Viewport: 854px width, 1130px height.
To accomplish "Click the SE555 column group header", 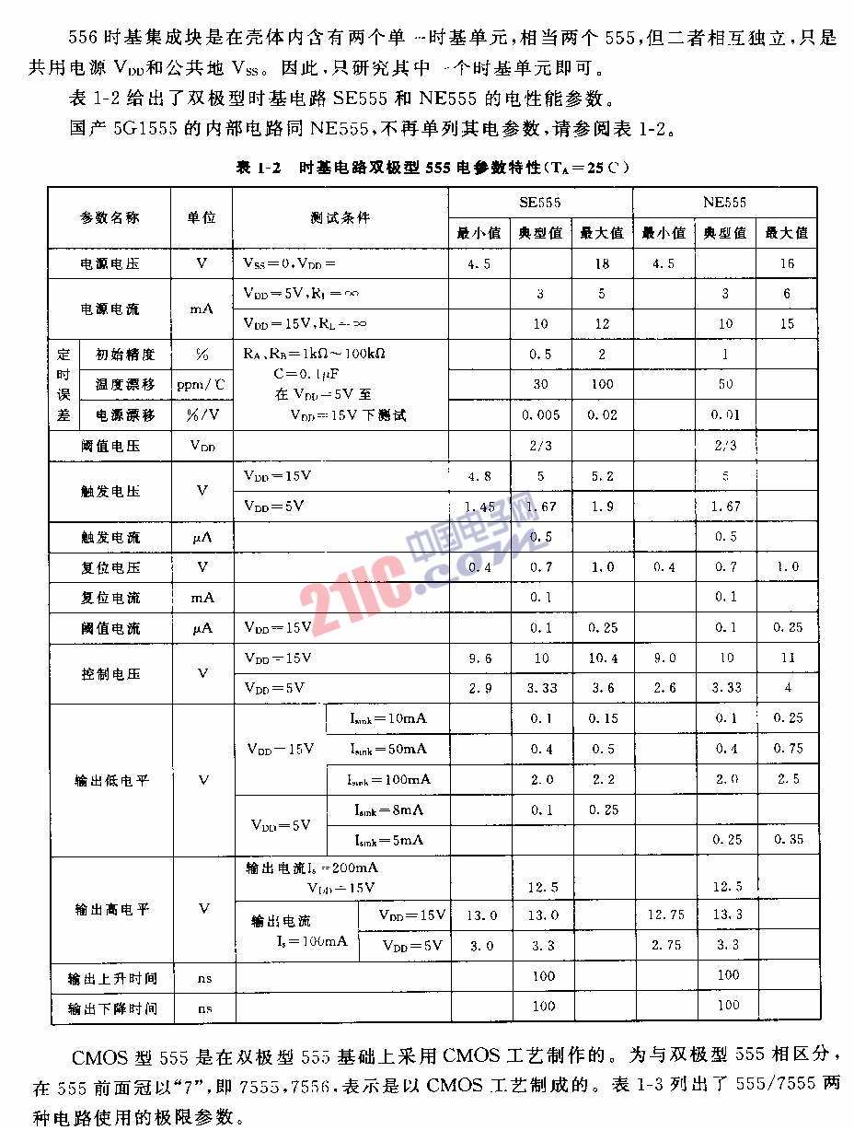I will (x=540, y=203).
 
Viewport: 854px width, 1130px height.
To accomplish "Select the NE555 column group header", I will (x=724, y=203).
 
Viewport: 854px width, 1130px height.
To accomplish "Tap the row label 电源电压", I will (x=110, y=264).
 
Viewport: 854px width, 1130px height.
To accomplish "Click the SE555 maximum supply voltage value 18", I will (x=602, y=264).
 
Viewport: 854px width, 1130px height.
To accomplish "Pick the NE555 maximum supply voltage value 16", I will (x=786, y=264).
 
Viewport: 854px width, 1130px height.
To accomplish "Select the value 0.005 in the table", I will (x=540, y=415).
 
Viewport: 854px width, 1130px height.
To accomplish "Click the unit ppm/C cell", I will (x=202, y=385).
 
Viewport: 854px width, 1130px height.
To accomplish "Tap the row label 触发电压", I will (x=110, y=491).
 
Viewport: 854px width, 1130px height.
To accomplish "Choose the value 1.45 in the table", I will (x=479, y=507).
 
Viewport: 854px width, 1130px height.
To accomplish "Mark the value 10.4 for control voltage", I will (x=602, y=658).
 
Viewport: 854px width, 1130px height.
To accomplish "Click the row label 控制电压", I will (x=110, y=673).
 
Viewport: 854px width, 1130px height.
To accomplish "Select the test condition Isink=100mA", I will (x=388, y=780).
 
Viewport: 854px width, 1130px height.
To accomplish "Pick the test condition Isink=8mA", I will (x=388, y=810).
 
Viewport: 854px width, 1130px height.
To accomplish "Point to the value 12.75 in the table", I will (x=664, y=914).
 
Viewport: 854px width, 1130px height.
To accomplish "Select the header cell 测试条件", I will (x=340, y=218).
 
